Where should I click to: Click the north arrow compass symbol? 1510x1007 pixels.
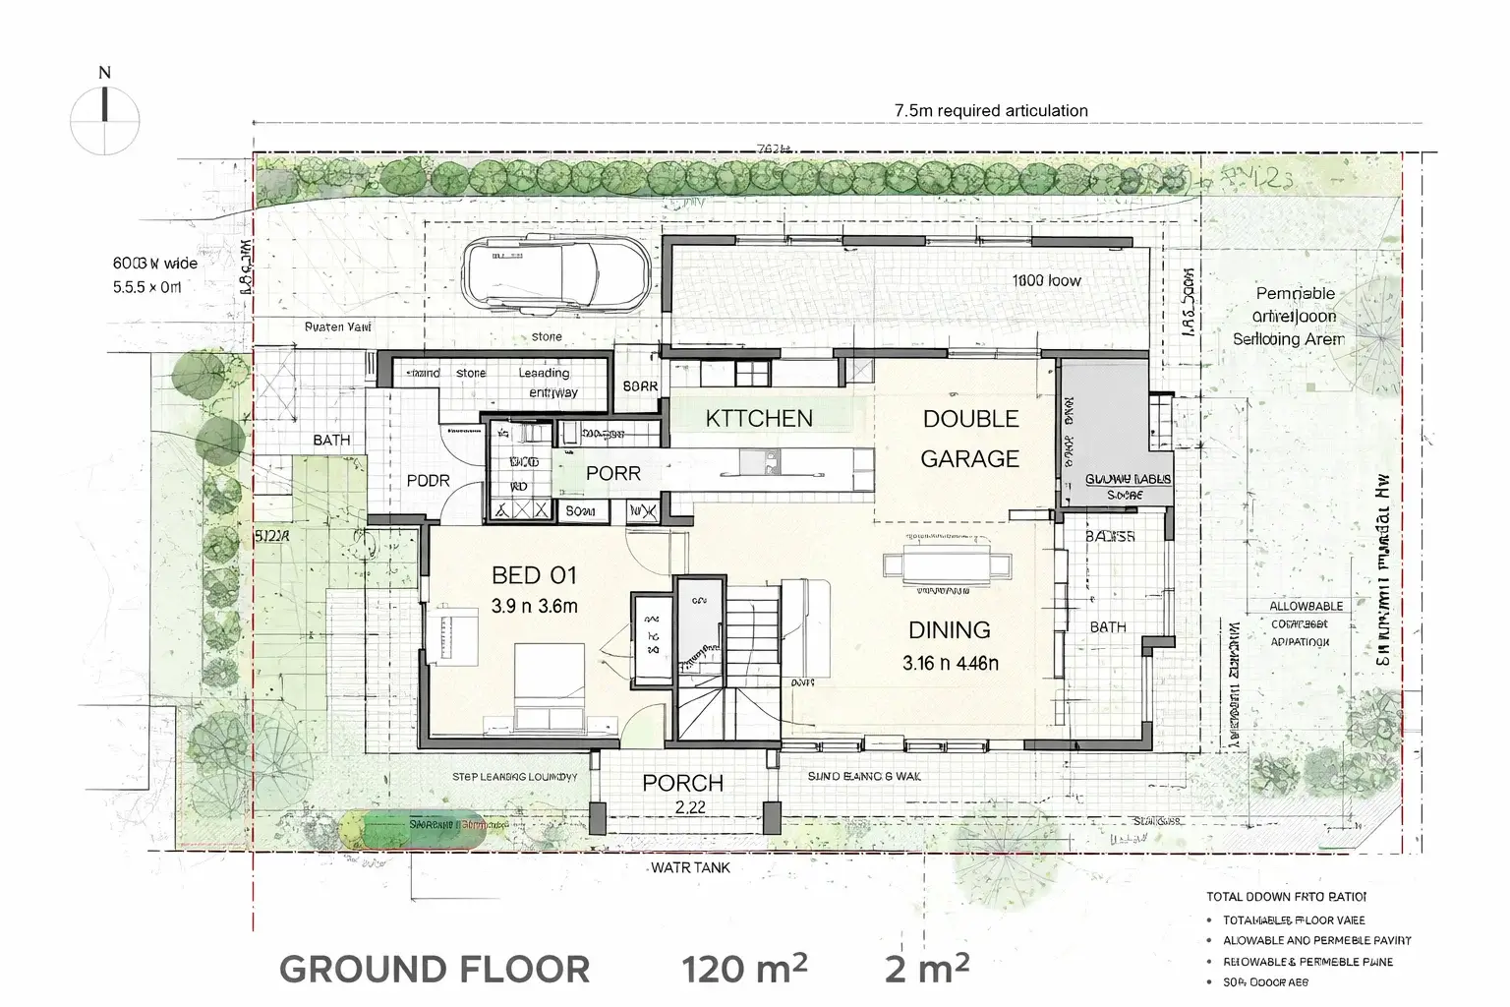coord(104,119)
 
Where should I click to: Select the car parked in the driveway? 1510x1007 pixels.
coord(556,274)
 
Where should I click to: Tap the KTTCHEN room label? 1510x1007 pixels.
coord(759,419)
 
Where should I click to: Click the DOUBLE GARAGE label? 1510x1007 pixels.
coord(969,439)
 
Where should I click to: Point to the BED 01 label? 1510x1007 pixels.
coord(534,575)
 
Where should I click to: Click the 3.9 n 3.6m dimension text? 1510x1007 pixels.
coord(534,606)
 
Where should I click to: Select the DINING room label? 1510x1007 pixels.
coord(949,630)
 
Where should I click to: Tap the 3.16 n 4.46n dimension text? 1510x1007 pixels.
coord(950,663)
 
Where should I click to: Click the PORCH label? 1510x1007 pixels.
coord(682,784)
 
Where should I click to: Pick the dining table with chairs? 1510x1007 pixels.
coord(947,564)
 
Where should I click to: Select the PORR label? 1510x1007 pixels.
coord(612,473)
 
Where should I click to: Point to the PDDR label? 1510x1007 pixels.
coord(428,481)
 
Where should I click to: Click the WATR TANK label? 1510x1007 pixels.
coord(690,868)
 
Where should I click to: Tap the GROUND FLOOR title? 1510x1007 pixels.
coord(435,969)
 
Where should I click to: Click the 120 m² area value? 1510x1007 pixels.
coord(745,969)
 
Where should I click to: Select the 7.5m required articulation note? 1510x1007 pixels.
coord(991,110)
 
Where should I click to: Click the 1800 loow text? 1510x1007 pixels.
coord(1046,280)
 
